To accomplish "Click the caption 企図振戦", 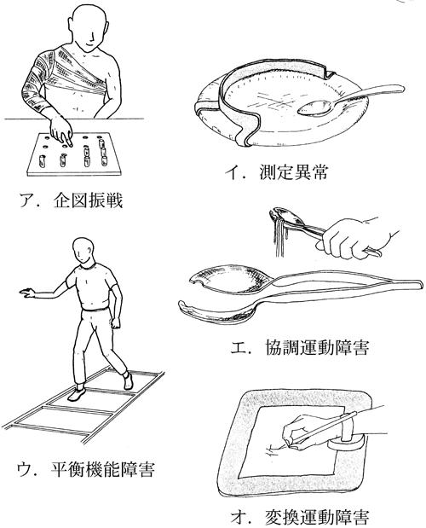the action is point(88,200).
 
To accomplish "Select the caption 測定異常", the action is point(293,172).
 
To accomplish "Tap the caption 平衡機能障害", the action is point(102,469).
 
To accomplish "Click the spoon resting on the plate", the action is point(349,100).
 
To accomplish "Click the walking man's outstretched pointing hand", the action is point(27,293).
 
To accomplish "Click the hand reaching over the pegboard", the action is point(60,131).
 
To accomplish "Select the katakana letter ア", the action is point(27,200).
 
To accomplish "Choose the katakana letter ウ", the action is point(25,469).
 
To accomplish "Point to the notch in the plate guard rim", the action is point(329,73).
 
